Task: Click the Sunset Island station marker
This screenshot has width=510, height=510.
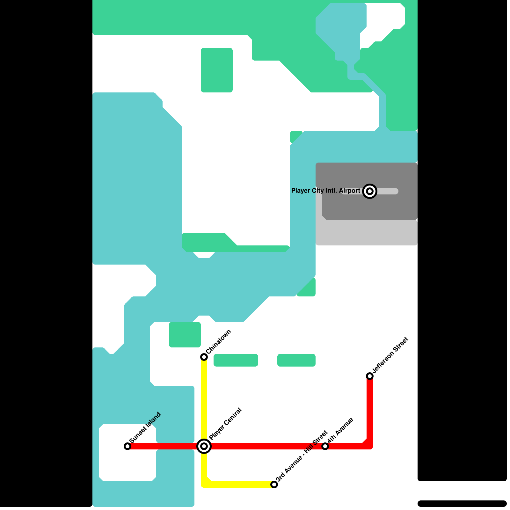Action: (x=127, y=446)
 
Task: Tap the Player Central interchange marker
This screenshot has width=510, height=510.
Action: (x=204, y=446)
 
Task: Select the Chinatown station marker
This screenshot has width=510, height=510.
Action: (x=204, y=357)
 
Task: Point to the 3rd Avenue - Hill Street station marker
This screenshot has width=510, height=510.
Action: (x=274, y=484)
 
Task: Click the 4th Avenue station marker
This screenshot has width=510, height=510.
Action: (x=325, y=446)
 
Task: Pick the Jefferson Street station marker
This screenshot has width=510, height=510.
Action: (x=370, y=376)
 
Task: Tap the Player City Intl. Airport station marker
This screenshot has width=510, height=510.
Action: (x=370, y=191)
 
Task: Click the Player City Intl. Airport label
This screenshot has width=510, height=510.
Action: (x=325, y=191)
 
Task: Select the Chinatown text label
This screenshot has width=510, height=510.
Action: (x=219, y=341)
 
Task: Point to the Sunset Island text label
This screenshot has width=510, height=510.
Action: (x=145, y=427)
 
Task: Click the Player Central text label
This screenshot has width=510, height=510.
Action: (x=225, y=424)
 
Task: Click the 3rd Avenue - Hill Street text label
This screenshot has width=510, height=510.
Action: (x=302, y=456)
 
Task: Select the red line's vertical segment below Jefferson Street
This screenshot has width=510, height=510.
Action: (x=370, y=411)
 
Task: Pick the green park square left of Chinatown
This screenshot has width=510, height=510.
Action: (x=185, y=335)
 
